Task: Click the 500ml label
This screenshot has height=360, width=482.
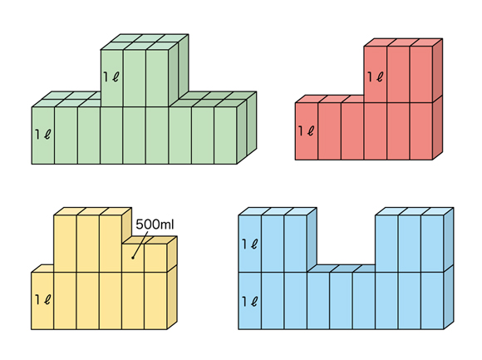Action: [155, 224]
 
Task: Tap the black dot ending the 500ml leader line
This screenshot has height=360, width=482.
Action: [133, 258]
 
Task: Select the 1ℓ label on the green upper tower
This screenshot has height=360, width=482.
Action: [111, 76]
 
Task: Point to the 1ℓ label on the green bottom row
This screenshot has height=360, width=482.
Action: [42, 134]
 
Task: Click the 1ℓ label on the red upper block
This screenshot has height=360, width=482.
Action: [376, 76]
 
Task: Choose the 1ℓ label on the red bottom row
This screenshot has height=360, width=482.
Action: [306, 131]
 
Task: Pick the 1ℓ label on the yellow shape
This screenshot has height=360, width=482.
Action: [42, 299]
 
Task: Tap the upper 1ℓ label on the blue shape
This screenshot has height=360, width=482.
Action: [249, 244]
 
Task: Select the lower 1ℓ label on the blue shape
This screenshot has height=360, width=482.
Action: [249, 301]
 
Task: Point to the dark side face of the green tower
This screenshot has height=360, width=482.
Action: [179, 69]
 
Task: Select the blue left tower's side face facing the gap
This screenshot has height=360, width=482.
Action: [312, 239]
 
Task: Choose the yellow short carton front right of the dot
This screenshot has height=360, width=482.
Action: [156, 259]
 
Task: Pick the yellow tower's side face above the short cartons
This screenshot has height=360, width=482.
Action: [126, 225]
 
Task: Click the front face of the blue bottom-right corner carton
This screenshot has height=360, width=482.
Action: [432, 301]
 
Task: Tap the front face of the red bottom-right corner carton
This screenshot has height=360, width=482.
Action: [421, 131]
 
